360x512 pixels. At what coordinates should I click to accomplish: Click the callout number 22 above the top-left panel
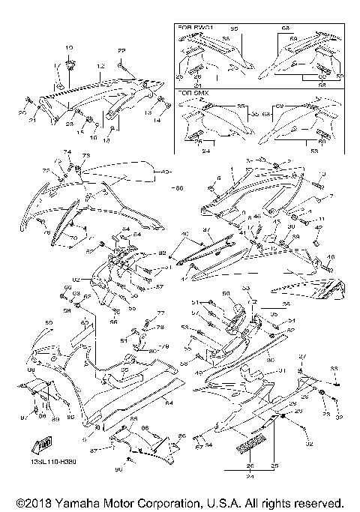(x=121, y=49)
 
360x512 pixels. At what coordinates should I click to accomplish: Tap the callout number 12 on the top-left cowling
(x=99, y=67)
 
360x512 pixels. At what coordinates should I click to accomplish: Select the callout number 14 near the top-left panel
(x=157, y=120)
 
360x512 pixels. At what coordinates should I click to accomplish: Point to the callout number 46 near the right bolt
(x=257, y=216)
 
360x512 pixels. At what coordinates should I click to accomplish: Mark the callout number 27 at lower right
(x=302, y=356)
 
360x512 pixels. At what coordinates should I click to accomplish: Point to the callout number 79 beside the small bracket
(x=166, y=346)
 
